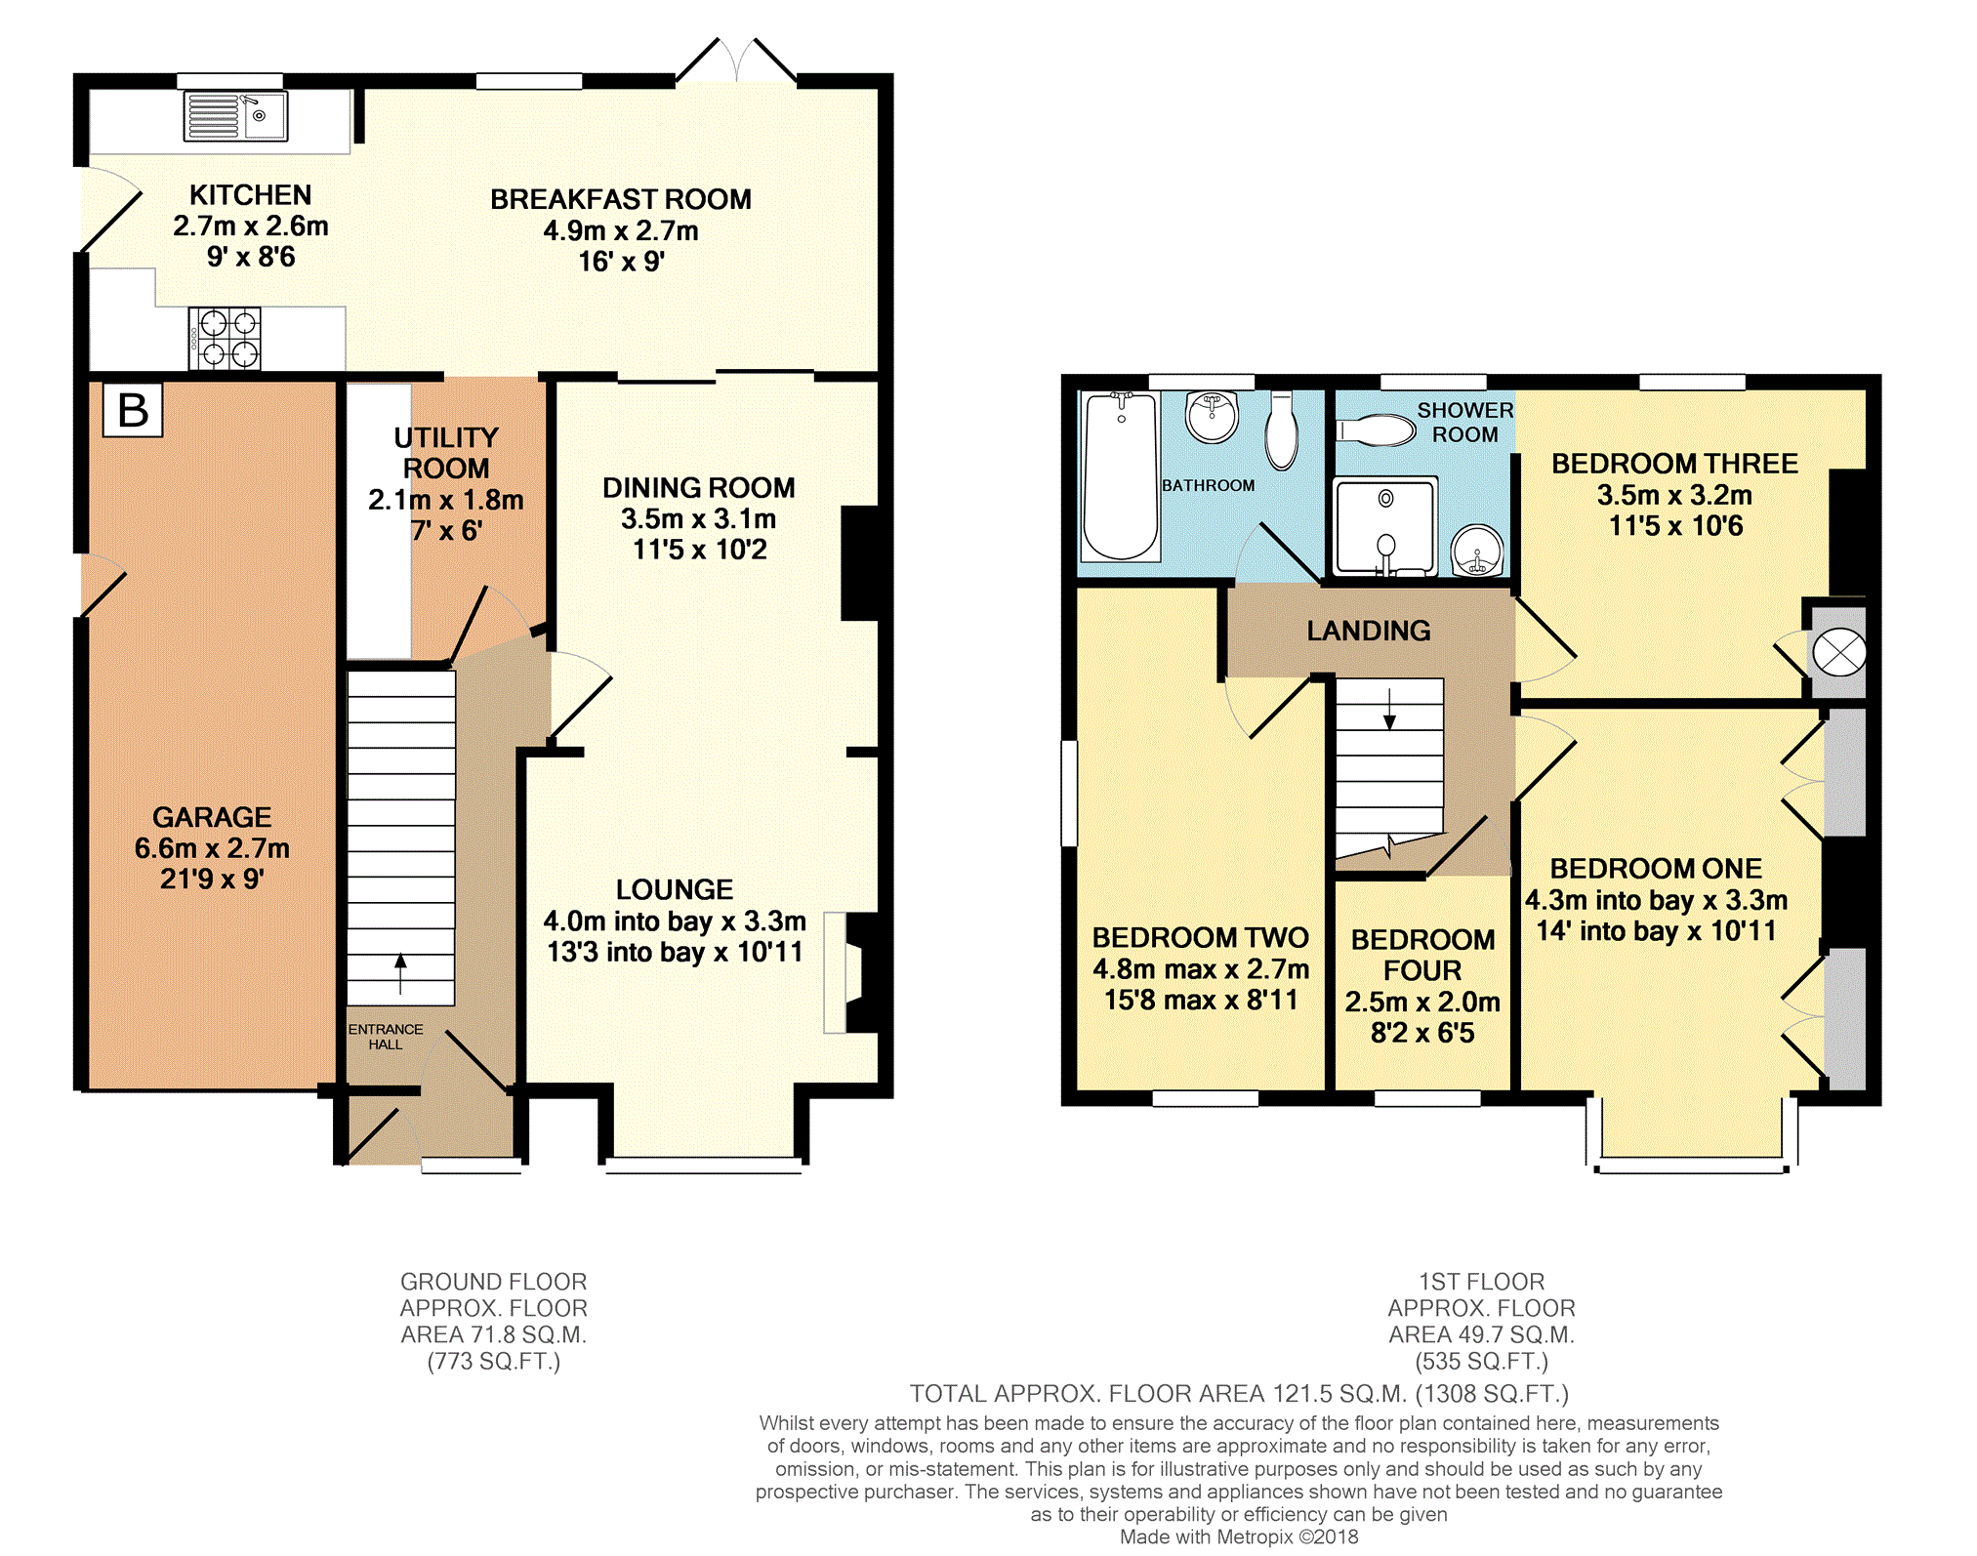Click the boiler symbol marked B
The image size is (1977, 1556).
click(133, 410)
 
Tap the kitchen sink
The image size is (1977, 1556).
click(236, 116)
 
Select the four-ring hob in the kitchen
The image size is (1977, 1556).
click(225, 339)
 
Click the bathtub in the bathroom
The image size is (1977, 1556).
click(1121, 476)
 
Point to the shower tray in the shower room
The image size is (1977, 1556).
click(1385, 526)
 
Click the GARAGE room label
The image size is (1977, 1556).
click(212, 817)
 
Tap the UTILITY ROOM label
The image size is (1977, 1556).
click(446, 453)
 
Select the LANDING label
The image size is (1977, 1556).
click(1369, 631)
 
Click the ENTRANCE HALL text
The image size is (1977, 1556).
click(386, 1037)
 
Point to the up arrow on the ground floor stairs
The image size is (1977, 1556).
click(400, 973)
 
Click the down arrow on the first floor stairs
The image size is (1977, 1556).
click(1389, 708)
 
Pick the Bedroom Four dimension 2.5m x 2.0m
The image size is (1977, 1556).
click(1422, 1002)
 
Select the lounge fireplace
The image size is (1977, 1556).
click(850, 972)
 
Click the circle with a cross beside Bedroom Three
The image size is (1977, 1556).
click(1838, 653)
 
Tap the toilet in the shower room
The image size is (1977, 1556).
click(1376, 430)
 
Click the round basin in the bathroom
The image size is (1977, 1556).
click(1212, 418)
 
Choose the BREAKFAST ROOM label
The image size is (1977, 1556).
click(621, 199)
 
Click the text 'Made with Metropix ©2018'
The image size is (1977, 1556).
click(1239, 1537)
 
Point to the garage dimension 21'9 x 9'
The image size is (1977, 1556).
click(212, 880)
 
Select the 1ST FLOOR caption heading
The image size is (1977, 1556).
click(1482, 1282)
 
